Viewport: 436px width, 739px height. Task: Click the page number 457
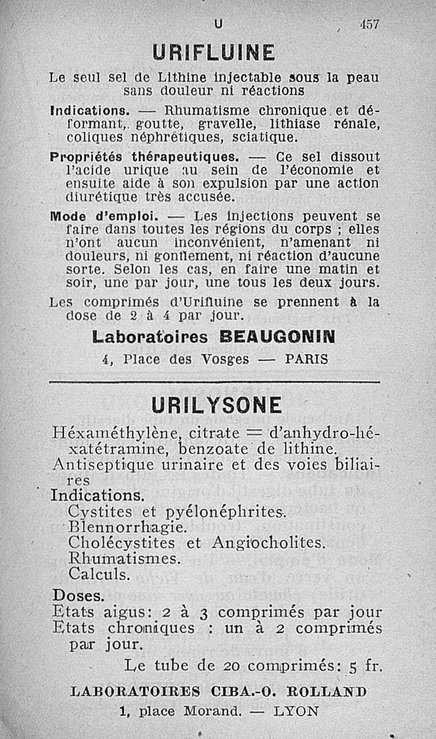[369, 25]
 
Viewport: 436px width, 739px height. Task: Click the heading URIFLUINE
[214, 53]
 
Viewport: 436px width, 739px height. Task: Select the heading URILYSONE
[217, 405]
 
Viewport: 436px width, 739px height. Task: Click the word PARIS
[307, 359]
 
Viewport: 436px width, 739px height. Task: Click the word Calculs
[100, 574]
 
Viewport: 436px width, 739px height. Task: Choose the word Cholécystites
[122, 543]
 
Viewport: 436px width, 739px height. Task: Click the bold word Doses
[78, 594]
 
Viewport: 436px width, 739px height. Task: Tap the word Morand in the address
[212, 711]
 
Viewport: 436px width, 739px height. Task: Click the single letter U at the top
[219, 24]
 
